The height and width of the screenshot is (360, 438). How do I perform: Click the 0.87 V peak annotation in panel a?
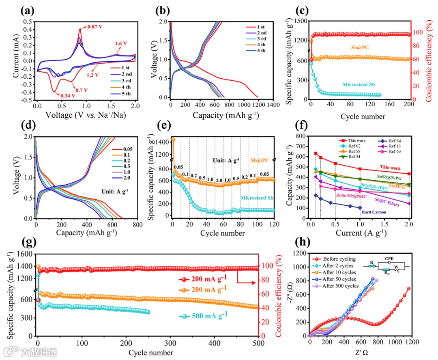(96, 27)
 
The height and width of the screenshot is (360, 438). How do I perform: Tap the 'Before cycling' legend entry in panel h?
(339, 259)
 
